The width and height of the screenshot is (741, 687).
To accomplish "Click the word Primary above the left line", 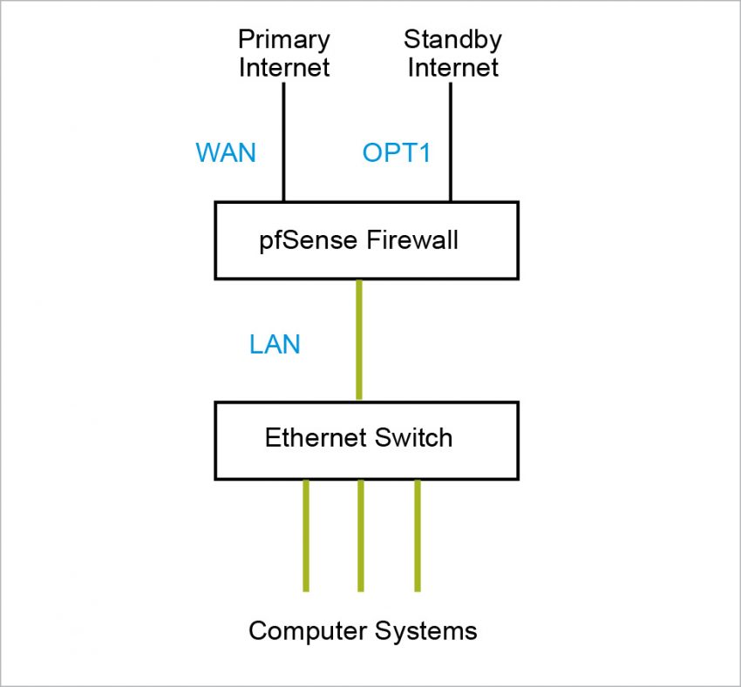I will click(x=283, y=40).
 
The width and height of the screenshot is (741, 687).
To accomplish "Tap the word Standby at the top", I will click(x=452, y=40).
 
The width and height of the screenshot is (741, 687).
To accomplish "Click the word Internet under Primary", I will click(x=283, y=68).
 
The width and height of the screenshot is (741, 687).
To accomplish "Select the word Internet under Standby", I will click(x=452, y=68).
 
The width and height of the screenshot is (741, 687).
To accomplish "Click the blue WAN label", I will click(x=226, y=153).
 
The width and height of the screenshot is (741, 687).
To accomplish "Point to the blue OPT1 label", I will click(x=397, y=153).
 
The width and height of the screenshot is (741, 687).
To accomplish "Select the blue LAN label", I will click(x=275, y=345).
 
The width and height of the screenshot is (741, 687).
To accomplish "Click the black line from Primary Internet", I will click(x=283, y=139).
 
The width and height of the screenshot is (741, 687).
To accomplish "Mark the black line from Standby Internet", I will click(x=450, y=139).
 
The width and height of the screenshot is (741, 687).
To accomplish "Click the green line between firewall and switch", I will click(x=358, y=340).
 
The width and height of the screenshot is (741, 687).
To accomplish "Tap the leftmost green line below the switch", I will click(x=305, y=535).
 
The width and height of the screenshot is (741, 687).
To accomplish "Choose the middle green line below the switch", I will click(x=360, y=535).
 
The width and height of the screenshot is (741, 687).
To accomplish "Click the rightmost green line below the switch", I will click(x=417, y=535).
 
